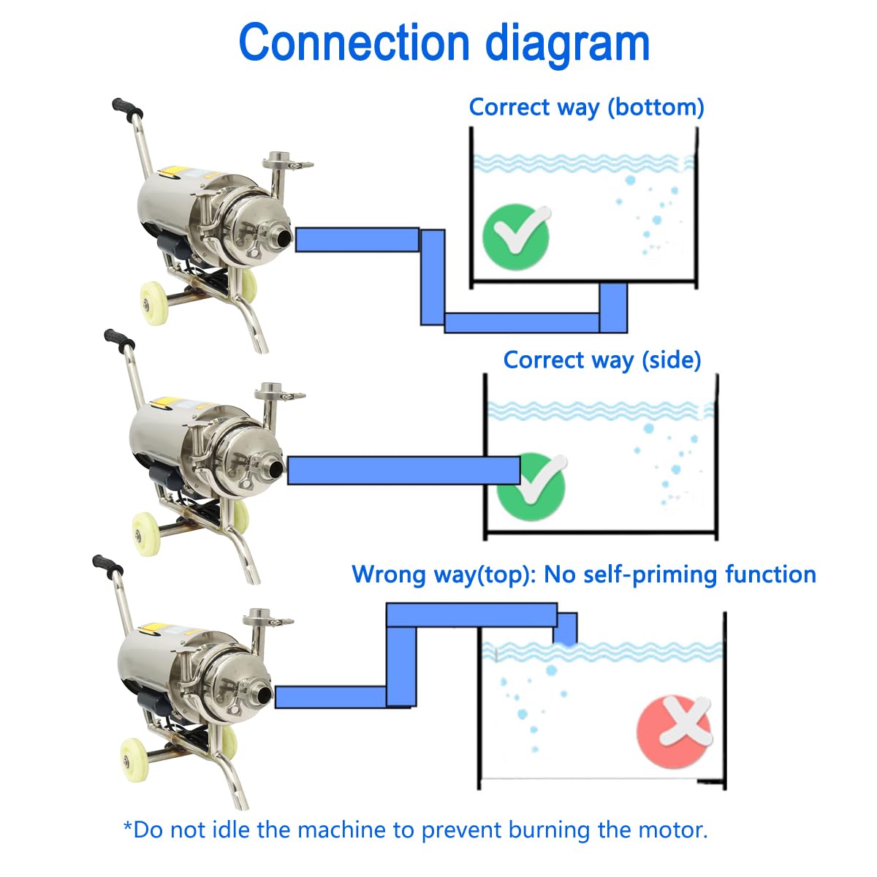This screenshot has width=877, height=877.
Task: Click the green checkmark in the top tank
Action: click(x=517, y=237)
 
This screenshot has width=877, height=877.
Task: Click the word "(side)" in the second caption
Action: click(x=672, y=360)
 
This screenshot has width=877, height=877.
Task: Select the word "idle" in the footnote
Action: click(x=238, y=829)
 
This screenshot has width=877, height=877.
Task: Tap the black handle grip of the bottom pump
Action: click(x=108, y=566)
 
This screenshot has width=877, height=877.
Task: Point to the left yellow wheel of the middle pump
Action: click(x=146, y=534)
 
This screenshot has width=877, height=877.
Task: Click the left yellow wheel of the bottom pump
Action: click(x=134, y=761)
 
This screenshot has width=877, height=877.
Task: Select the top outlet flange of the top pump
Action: click(x=278, y=160)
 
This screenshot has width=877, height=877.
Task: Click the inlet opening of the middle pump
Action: click(x=277, y=468)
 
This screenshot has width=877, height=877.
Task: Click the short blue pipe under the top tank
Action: click(x=612, y=308)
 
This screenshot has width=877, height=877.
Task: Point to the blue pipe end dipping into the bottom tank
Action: click(x=565, y=629)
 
